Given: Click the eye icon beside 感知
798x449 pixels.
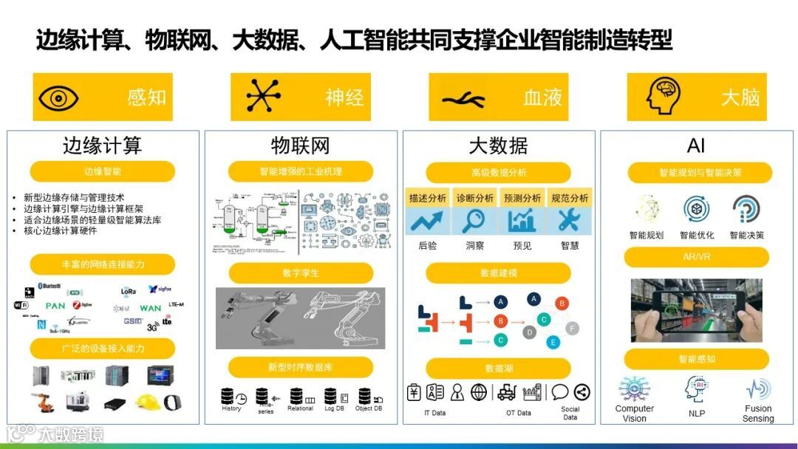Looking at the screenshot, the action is click(58, 97).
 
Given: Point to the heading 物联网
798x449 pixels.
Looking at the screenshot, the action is click(301, 145).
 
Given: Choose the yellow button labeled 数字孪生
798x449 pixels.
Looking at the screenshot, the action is click(301, 273).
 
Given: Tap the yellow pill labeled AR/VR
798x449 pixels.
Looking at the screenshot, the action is click(696, 257).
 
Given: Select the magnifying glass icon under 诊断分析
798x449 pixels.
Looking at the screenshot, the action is click(474, 221).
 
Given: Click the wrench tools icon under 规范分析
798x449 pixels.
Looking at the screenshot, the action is click(569, 221).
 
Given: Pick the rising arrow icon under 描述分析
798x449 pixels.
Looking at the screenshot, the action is click(426, 221).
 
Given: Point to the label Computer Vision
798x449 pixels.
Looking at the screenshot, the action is click(635, 414).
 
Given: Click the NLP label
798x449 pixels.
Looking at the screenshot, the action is click(697, 414).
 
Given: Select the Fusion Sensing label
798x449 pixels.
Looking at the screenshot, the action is click(758, 414).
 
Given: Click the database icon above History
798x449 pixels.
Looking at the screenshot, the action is click(228, 396).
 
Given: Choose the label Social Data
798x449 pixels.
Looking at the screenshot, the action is click(570, 413).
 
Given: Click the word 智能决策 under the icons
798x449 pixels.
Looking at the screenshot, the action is click(746, 236).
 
